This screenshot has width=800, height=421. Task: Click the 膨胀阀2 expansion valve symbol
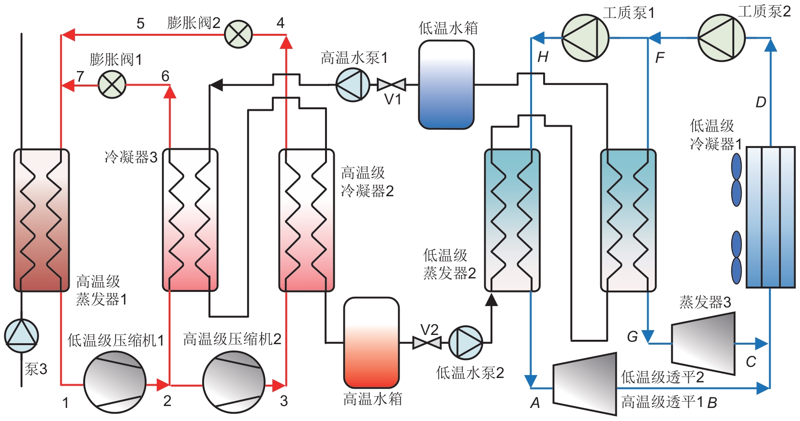[x=238, y=34]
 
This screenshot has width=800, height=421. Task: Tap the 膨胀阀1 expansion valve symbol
[x=112, y=85]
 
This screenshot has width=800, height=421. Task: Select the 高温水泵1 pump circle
[x=353, y=85]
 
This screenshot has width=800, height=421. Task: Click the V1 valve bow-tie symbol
[x=391, y=85]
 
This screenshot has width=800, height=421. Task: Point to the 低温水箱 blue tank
[x=446, y=85]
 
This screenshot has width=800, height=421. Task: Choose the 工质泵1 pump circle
[x=585, y=38]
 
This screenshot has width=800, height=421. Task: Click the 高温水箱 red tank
[x=371, y=343]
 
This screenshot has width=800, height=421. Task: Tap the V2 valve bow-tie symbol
[x=427, y=343]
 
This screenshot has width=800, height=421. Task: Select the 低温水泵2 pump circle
[x=466, y=343]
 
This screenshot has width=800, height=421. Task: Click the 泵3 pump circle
[x=22, y=335]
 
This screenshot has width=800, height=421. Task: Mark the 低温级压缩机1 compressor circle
[x=115, y=382]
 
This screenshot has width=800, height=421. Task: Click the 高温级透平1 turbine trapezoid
[x=585, y=384]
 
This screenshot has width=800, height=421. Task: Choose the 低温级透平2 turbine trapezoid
[x=703, y=343]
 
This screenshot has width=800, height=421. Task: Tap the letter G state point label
[x=632, y=336]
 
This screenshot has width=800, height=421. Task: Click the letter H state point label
[x=543, y=57]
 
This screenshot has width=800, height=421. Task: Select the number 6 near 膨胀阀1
[x=165, y=76]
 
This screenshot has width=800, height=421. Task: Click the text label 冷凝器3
[x=131, y=157]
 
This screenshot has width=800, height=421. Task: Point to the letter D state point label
[x=760, y=102]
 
